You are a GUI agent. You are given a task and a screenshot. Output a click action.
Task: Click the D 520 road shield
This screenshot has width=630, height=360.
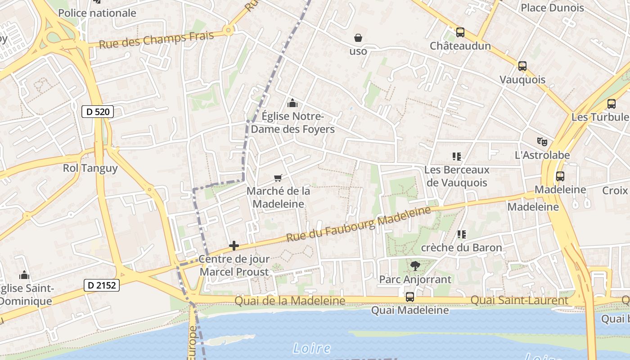(97, 112)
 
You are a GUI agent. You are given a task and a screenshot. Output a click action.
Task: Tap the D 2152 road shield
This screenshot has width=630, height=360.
(102, 285)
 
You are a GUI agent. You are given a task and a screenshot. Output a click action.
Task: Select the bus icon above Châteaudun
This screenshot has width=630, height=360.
(460, 32)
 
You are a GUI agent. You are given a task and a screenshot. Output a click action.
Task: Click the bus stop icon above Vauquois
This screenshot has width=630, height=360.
(522, 66)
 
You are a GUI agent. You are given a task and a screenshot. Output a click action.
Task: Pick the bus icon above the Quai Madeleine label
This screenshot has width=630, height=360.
(409, 297)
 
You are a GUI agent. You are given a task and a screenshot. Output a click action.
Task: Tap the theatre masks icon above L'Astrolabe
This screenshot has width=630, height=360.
(542, 142)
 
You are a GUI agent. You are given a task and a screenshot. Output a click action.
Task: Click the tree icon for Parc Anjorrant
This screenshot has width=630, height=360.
(415, 266)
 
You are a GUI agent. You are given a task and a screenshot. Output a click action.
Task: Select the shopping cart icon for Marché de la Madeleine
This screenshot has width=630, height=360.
(278, 178)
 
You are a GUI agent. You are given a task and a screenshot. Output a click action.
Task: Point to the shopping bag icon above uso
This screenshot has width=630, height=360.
(358, 37)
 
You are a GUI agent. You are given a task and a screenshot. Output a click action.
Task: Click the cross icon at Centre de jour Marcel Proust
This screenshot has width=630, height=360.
(234, 246)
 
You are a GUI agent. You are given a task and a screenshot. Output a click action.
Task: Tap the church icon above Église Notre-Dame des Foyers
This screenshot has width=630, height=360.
(292, 103)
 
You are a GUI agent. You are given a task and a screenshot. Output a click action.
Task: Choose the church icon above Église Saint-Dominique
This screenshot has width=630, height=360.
(24, 274)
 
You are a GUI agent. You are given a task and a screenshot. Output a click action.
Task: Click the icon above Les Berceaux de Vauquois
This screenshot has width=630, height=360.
(457, 157)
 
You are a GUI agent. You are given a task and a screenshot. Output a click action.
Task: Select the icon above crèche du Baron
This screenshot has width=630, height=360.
(461, 234)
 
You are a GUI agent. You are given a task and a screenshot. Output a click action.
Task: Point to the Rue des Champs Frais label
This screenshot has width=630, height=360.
(156, 40)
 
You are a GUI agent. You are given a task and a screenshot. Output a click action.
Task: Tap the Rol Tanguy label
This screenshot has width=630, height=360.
(90, 168)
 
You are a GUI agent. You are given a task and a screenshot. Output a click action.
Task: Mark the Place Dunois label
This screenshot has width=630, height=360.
(552, 8)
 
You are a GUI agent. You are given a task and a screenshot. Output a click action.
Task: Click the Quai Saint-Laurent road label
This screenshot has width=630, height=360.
(519, 300)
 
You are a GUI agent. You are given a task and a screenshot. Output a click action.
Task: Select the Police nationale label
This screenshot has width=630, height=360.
(97, 13)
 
